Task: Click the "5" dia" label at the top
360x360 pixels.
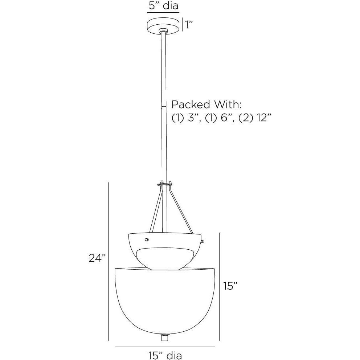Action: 163,5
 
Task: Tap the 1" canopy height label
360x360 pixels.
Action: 189,24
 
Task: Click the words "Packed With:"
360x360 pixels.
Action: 206,105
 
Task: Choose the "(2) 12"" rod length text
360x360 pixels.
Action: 255,118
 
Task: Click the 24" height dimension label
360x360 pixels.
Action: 97,258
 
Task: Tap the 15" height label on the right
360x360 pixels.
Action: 230,286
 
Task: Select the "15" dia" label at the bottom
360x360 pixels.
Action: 165,355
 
